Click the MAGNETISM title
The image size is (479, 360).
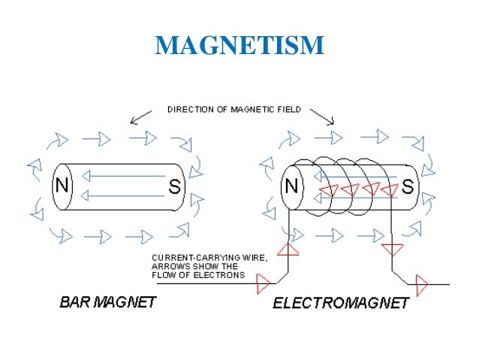[x=239, y=46]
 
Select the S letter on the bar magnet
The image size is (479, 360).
[x=174, y=186]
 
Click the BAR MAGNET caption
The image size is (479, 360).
[x=107, y=303]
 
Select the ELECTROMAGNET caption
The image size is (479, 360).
[x=340, y=304]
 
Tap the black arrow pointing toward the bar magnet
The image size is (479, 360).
[x=138, y=118]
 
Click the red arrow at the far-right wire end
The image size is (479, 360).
[x=421, y=285]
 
